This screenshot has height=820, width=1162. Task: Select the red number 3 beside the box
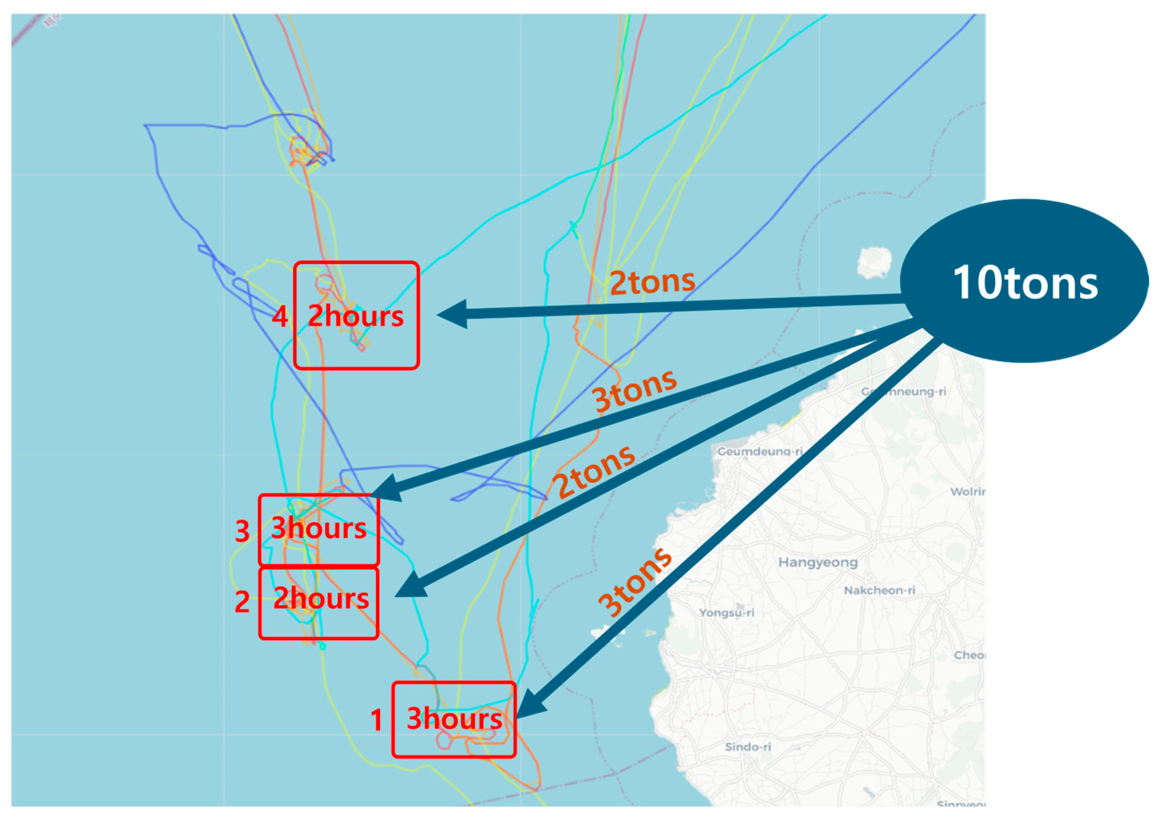pos(242,531)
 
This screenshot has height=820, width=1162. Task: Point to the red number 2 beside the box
pos(242,602)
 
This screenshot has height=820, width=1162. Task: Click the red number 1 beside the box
pos(376,720)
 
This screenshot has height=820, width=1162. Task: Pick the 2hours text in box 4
pos(356,316)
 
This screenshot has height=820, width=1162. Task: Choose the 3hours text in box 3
pos(319,528)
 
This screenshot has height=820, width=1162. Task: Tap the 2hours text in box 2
pos(321,599)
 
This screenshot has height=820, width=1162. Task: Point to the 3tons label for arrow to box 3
pos(635,390)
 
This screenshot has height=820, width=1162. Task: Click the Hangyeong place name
pos(818,562)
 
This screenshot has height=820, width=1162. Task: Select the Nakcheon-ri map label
pos(879,590)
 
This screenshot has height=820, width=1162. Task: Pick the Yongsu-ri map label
pos(726,613)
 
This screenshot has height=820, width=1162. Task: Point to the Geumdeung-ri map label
pos(760,451)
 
